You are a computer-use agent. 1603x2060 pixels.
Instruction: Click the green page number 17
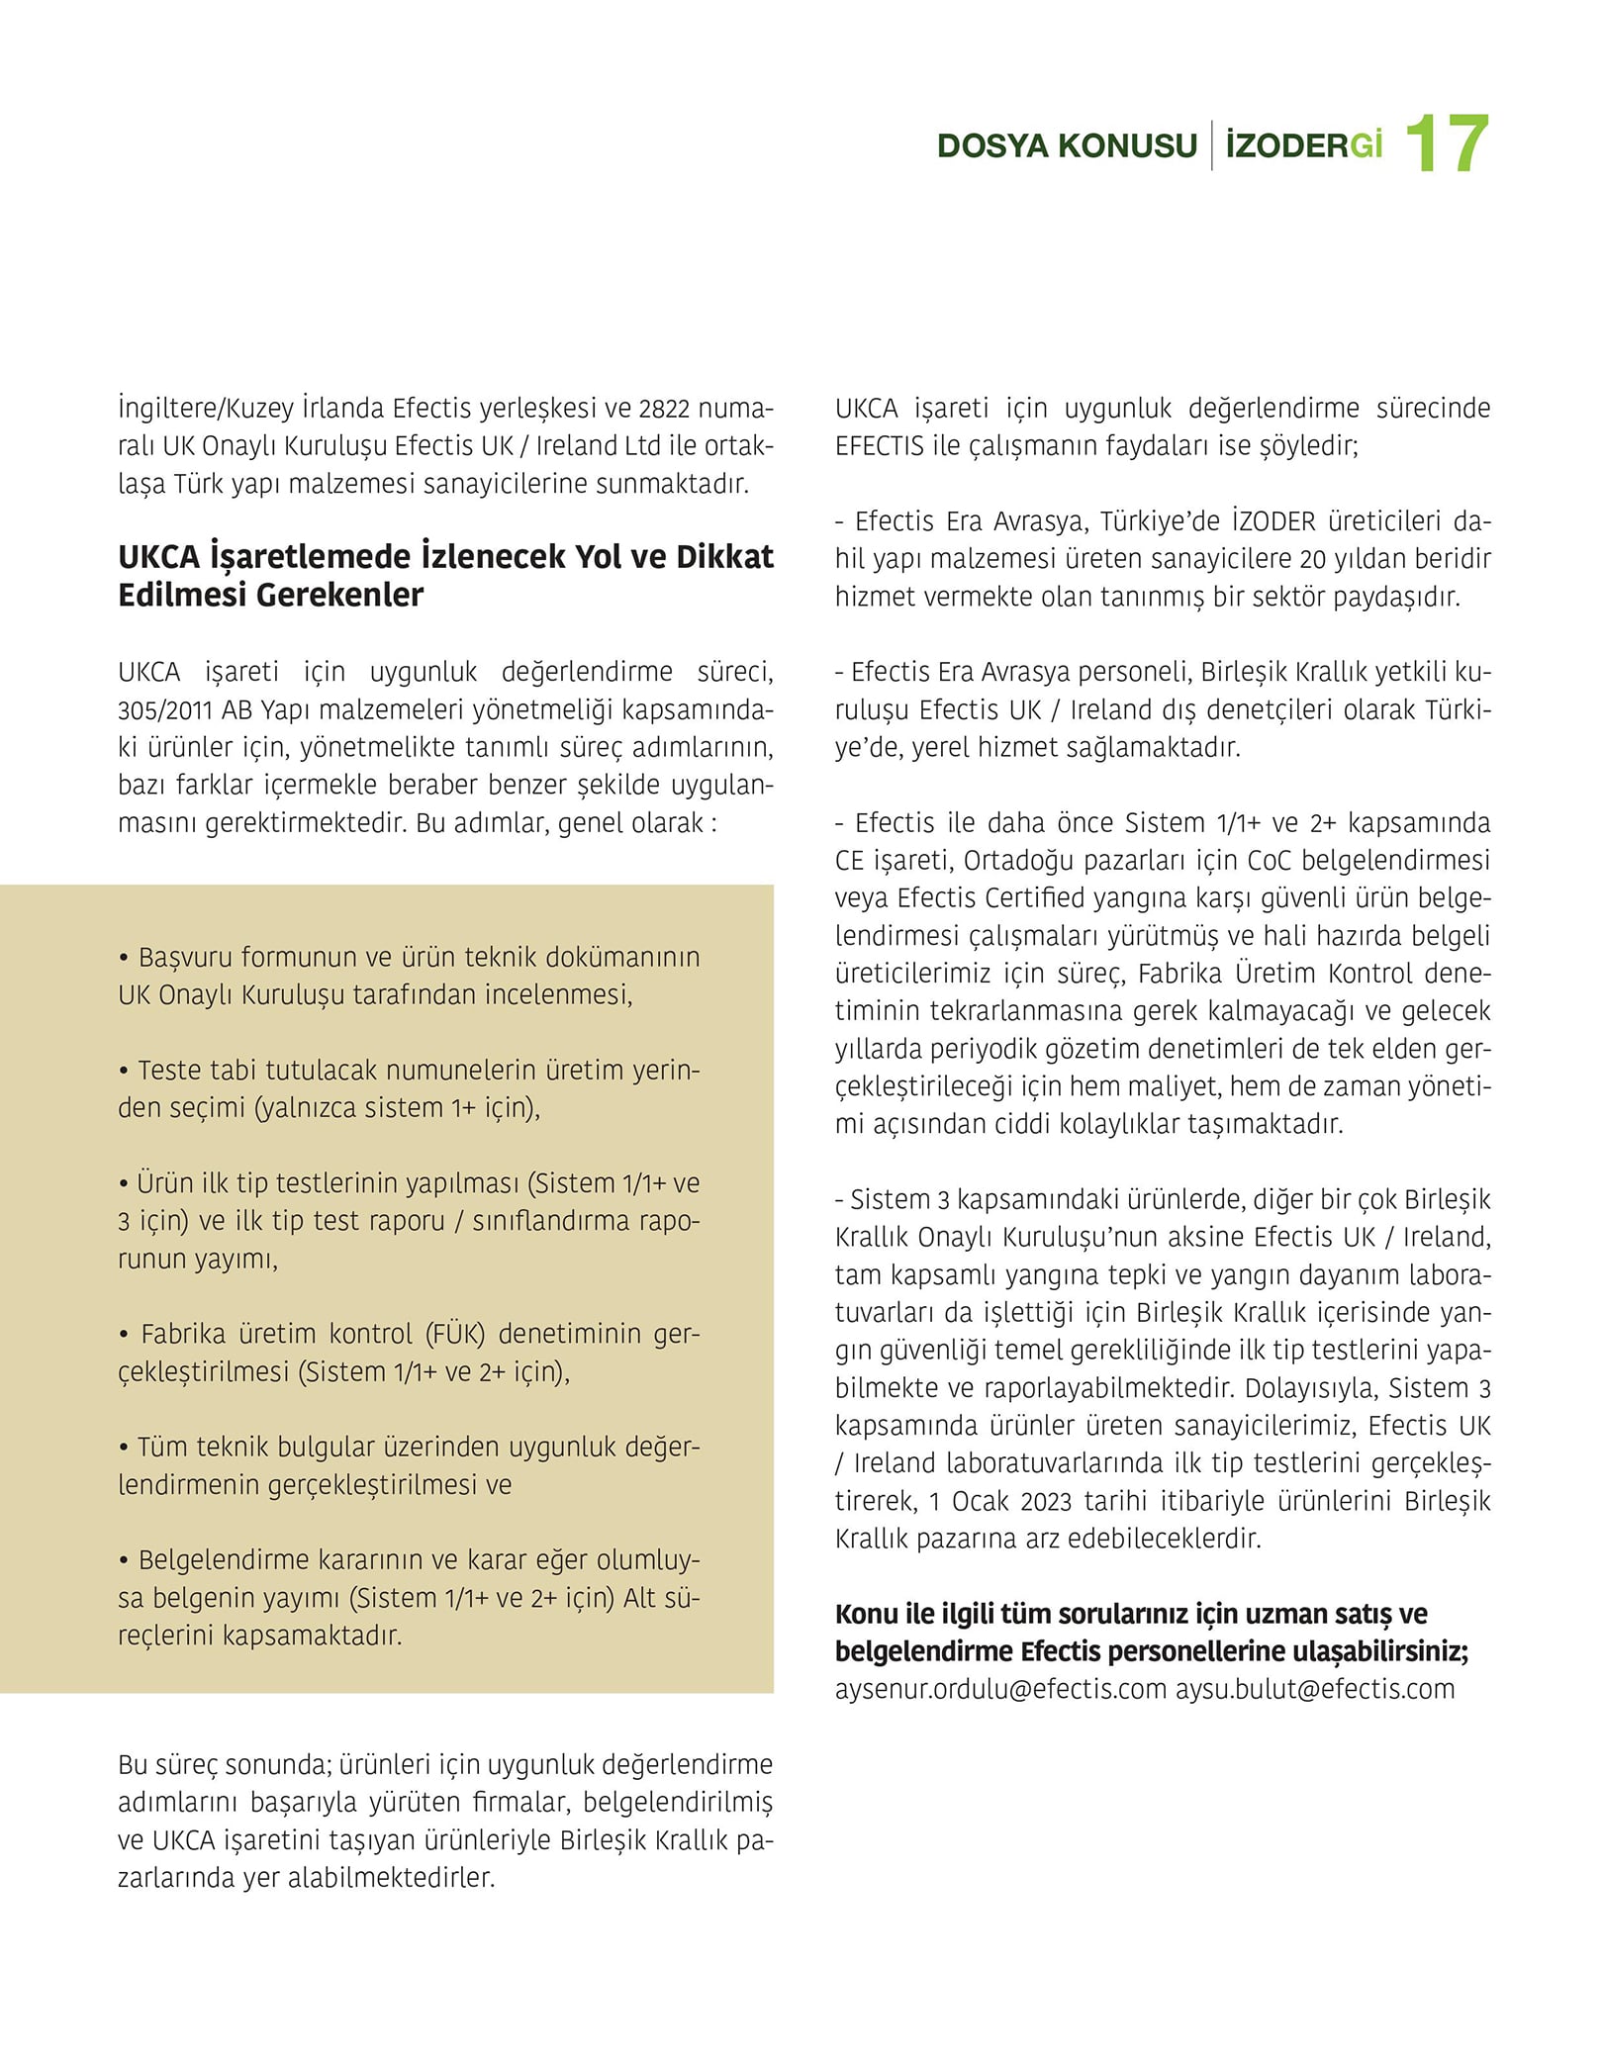tap(1446, 144)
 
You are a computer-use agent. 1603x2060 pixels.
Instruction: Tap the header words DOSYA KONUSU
tap(1067, 145)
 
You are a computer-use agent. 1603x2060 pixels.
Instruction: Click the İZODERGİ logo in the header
tap(1303, 145)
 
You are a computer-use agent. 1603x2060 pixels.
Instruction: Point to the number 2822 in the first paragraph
tap(664, 408)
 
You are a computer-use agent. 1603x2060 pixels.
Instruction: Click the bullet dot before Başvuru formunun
tap(124, 958)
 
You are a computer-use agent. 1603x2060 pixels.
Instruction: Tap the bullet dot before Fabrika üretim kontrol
tap(124, 1335)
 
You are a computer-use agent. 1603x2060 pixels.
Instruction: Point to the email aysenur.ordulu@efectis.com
tap(1000, 1689)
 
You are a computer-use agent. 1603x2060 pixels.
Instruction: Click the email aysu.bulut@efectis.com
tap(1315, 1689)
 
